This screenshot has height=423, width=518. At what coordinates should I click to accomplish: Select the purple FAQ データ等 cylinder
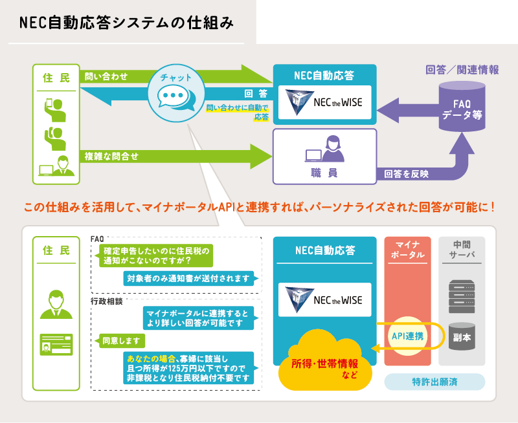coord(462,107)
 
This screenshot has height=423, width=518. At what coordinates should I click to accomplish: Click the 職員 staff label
coord(324,173)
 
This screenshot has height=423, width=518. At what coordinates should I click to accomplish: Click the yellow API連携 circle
coord(408,336)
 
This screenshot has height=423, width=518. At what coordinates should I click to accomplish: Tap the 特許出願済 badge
coord(434,382)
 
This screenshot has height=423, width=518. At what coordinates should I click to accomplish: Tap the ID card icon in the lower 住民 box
coord(56,342)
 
